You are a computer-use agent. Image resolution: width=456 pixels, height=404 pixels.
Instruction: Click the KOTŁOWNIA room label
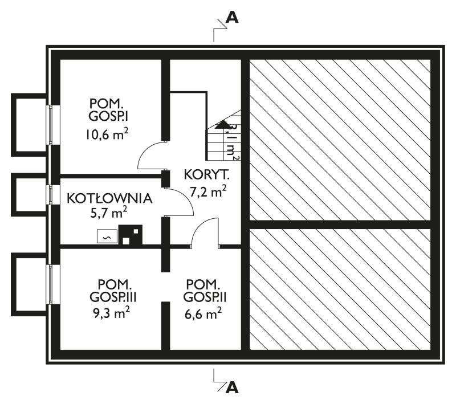(x=109, y=198)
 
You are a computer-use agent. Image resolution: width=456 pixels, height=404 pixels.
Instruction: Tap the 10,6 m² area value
(x=107, y=134)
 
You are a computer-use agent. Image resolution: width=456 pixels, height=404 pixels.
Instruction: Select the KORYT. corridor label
(x=207, y=175)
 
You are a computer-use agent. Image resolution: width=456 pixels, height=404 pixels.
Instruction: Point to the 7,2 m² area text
(x=208, y=191)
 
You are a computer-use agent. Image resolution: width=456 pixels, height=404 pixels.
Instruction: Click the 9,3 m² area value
(x=111, y=313)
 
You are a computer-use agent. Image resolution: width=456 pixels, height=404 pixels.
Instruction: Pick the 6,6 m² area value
(x=203, y=313)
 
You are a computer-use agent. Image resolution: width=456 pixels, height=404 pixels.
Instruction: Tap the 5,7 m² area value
(x=109, y=213)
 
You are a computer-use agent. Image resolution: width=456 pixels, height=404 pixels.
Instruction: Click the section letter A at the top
(x=232, y=18)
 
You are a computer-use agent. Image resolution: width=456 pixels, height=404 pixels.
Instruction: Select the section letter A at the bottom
(x=232, y=387)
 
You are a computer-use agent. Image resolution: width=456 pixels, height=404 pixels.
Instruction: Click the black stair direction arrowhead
(x=223, y=124)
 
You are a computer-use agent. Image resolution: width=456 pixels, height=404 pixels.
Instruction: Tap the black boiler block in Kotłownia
(x=131, y=235)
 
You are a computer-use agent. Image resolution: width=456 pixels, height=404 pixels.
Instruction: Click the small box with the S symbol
(x=107, y=236)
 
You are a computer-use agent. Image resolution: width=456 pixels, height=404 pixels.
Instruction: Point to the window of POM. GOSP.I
(x=53, y=125)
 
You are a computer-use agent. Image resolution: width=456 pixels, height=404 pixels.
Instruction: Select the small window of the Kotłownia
(x=53, y=194)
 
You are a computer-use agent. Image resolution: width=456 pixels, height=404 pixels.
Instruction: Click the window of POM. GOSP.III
(x=53, y=284)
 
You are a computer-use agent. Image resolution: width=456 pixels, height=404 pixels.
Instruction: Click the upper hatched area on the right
(x=340, y=140)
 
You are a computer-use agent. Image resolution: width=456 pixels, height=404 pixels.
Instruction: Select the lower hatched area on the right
(x=340, y=289)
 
